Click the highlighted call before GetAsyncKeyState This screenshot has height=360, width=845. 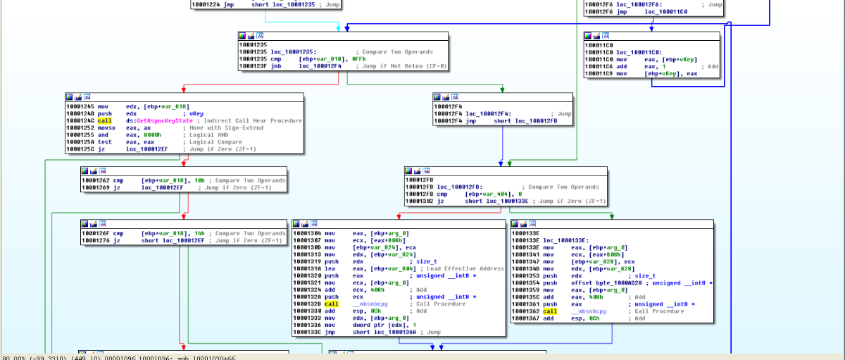pos(105,120)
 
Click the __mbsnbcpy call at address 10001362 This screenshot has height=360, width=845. pos(590,311)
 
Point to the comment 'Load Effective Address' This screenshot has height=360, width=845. pos(465,268)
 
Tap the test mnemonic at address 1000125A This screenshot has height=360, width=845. pos(106,142)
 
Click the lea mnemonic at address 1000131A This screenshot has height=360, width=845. pos(330,268)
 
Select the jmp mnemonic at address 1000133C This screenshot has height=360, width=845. pos(330,332)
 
